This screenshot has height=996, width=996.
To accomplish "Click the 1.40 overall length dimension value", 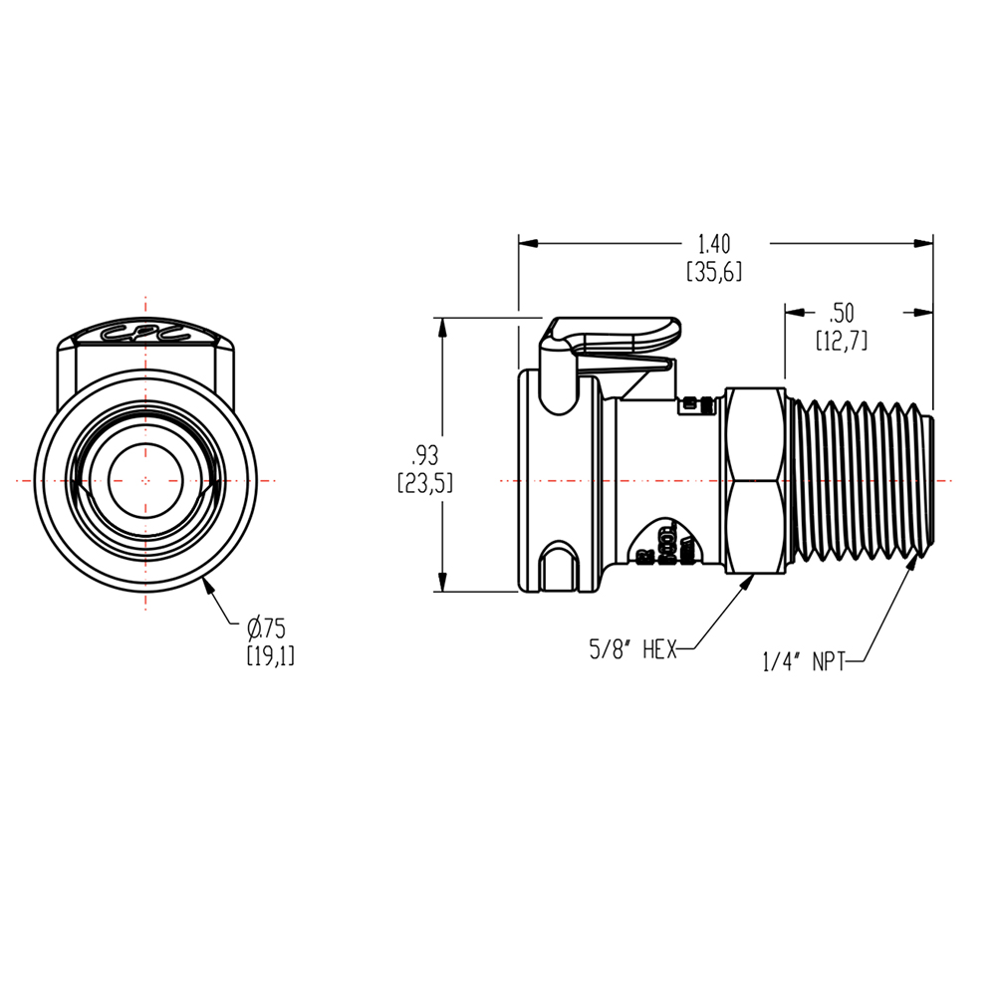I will pos(714,242).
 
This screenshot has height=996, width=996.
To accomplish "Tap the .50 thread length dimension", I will pos(842,312).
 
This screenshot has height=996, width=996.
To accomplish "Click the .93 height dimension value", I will pos(425,456).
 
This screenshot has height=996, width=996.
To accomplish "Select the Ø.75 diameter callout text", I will pos(266,627).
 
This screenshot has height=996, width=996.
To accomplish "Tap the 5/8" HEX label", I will pos(633,650).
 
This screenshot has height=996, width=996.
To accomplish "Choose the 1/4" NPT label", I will pos(804,661).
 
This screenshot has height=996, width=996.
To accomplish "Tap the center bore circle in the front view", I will pos(145,480).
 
